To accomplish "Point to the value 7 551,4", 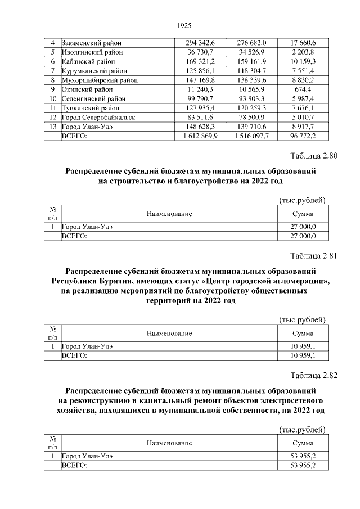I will (303, 70).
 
